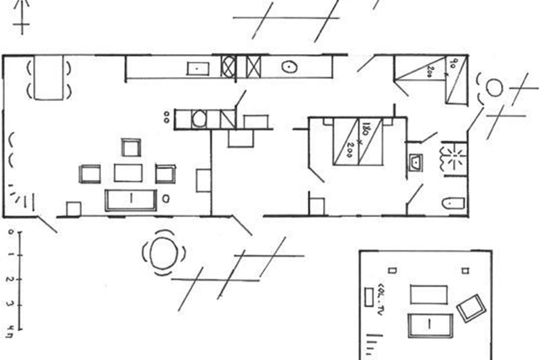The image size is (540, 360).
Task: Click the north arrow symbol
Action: tap(21, 16)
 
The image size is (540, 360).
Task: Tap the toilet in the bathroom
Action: tap(453, 203)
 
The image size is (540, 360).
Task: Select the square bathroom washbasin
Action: tap(415, 162)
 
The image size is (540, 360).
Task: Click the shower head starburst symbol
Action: tap(454, 155)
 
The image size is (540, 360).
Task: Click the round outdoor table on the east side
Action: tap(494, 87)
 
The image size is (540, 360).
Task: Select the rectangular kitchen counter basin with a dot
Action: tap(198, 68)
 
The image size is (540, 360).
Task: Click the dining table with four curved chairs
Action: tap(48, 77)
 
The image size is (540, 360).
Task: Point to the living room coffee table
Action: tap(128, 173)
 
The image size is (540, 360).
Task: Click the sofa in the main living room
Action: tap(130, 200)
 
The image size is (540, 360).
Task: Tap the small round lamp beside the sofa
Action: tap(166, 198)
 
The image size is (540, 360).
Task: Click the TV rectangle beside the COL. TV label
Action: tap(369, 297)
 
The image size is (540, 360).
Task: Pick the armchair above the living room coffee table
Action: tap(131, 147)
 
